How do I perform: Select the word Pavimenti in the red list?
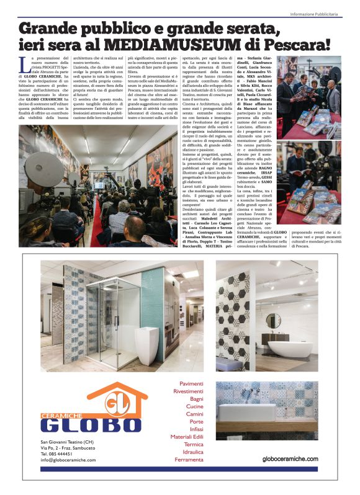(191, 384)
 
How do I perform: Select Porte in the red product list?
(196, 421)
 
